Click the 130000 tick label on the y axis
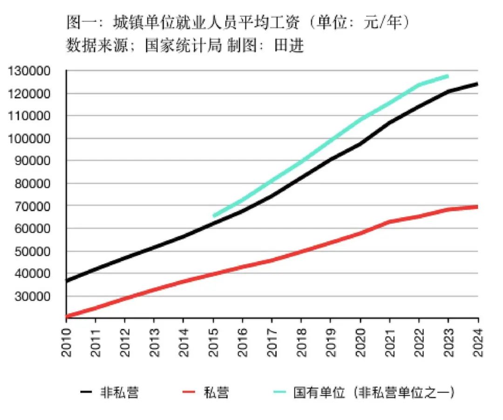tap(30, 71)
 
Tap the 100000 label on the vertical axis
tap(30, 139)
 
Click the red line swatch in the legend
tap(188, 392)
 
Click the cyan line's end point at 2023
tap(448, 76)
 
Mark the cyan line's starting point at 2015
tap(214, 215)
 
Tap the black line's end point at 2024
tap(477, 84)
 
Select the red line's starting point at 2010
tap(67, 317)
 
